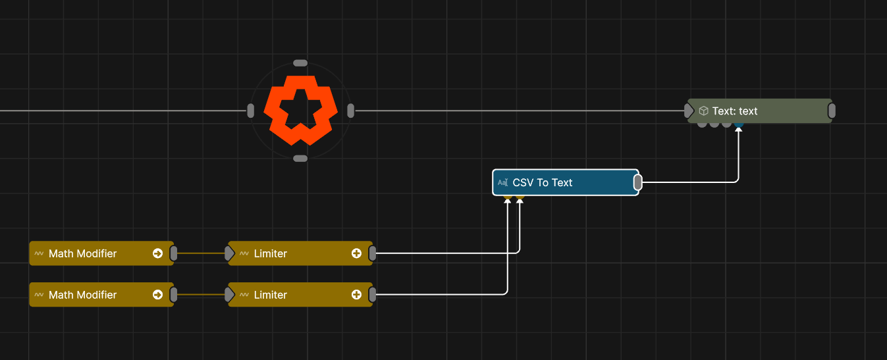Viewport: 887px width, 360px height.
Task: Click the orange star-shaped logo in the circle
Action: point(300,110)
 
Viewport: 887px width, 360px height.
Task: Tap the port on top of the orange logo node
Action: point(300,63)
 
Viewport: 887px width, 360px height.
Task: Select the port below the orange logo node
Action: point(300,159)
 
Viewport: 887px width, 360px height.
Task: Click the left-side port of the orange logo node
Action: point(250,111)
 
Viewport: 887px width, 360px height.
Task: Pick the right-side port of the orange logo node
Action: point(350,111)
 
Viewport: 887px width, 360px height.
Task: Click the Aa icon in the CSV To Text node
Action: point(503,182)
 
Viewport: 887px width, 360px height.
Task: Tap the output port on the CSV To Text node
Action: point(637,182)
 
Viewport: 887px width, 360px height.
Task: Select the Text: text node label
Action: point(735,111)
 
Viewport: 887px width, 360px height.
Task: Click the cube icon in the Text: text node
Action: point(703,111)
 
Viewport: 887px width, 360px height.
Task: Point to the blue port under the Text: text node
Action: point(739,124)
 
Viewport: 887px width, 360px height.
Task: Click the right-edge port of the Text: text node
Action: point(832,111)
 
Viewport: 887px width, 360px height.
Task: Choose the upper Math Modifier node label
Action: point(83,253)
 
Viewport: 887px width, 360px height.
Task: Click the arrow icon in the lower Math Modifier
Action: point(158,295)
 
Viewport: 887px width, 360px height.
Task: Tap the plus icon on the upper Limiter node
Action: point(356,253)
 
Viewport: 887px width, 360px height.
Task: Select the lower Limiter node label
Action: point(271,295)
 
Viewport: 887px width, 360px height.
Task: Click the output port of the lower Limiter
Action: point(373,295)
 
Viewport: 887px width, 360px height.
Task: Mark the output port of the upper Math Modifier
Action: point(174,253)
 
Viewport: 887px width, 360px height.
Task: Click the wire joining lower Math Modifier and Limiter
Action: point(201,295)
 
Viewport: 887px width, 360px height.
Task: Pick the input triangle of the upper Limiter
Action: point(229,253)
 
